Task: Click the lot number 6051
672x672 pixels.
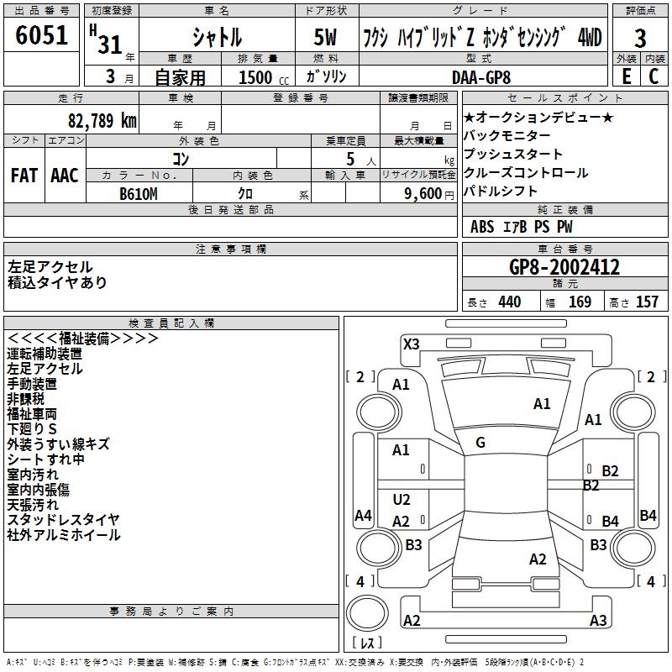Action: tap(42, 35)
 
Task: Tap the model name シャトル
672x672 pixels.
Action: tap(217, 38)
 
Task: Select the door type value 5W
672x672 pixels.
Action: tap(325, 38)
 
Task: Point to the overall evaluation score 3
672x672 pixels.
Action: tap(640, 39)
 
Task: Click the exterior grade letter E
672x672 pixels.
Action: tap(626, 76)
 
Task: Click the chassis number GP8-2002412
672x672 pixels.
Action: tap(564, 268)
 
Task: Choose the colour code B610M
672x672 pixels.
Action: tap(139, 192)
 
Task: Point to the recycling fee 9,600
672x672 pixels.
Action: tap(423, 192)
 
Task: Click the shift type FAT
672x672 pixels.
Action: tap(24, 176)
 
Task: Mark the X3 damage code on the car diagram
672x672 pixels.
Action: tap(412, 344)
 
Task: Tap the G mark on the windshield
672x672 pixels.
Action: tap(480, 442)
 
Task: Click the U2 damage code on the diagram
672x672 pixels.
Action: tap(402, 500)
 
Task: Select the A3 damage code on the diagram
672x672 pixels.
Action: tap(598, 621)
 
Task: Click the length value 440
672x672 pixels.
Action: tap(509, 302)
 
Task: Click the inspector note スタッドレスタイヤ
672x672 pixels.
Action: tap(63, 520)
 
